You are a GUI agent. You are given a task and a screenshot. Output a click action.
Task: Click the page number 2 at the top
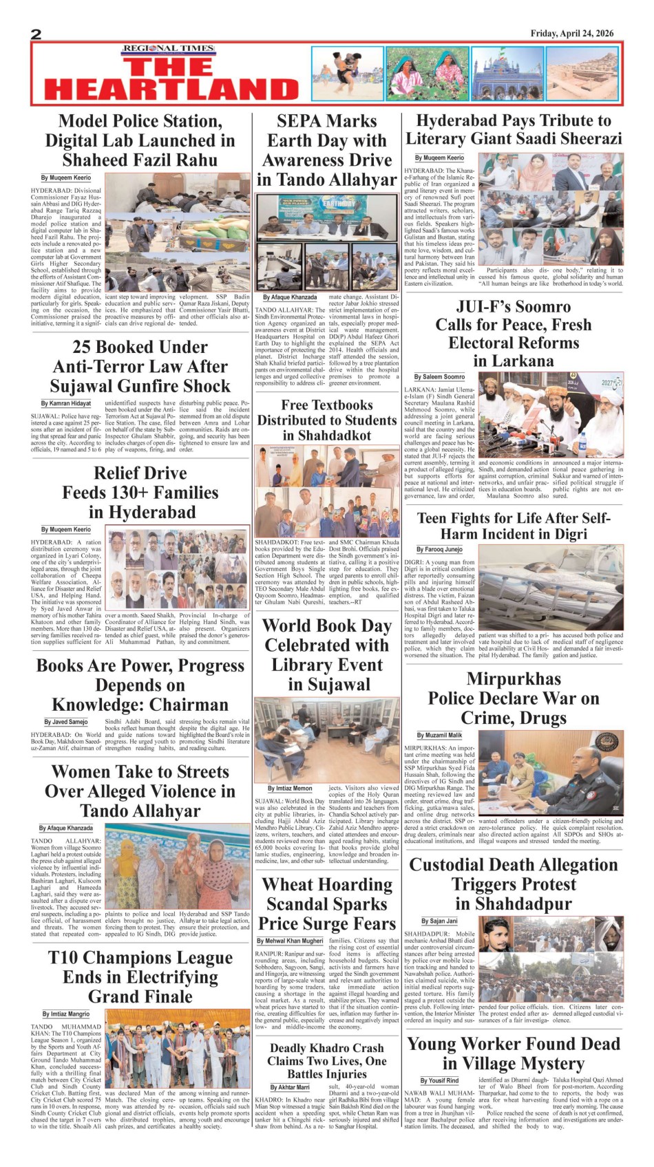pos(36,34)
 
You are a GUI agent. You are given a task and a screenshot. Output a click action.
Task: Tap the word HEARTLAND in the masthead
pos(171,89)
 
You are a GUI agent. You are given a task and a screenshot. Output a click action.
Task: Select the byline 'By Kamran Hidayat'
pos(66,403)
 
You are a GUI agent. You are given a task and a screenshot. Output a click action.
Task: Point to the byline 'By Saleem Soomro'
pos(439,377)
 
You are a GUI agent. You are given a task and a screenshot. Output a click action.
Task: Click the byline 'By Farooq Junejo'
pos(439,550)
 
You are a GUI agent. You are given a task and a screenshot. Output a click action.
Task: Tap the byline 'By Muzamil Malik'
pos(441,736)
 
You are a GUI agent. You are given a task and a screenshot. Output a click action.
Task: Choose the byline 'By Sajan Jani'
pos(439,921)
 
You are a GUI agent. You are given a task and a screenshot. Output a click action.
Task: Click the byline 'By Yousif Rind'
pos(439,1081)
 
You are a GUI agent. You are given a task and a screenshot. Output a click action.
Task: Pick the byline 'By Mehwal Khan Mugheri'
pos(290,941)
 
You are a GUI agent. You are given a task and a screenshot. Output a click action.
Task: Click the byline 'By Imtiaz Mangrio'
pos(66,1014)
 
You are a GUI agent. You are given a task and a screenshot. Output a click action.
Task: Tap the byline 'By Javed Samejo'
pos(66,722)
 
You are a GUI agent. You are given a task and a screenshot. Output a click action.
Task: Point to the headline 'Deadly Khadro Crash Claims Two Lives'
pos(326,1060)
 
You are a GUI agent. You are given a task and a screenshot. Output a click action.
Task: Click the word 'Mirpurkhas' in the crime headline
pos(514,678)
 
